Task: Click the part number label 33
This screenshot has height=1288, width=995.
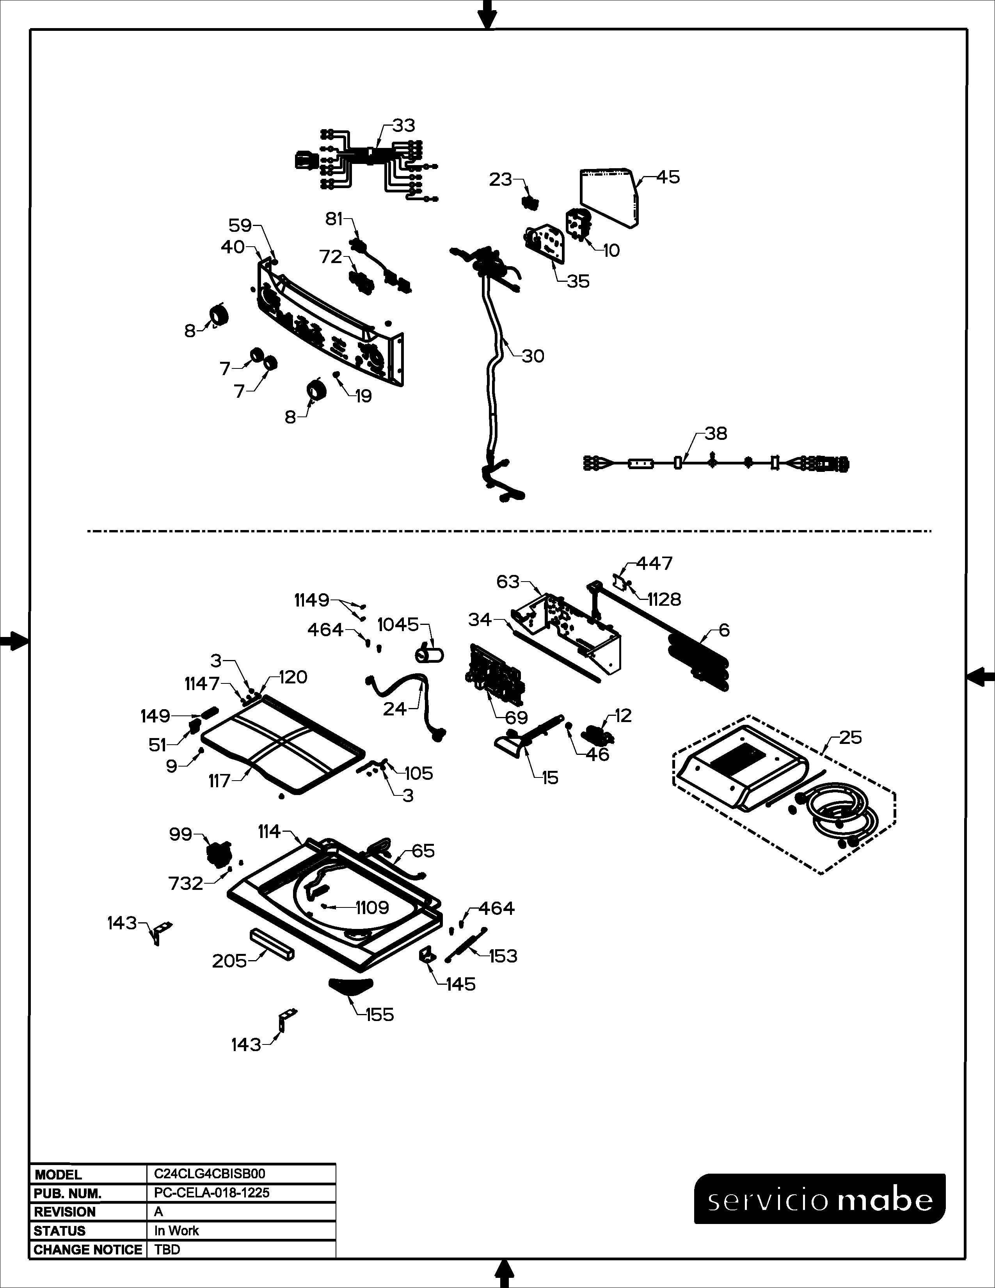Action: (x=404, y=126)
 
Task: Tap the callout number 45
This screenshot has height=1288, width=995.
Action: (x=668, y=177)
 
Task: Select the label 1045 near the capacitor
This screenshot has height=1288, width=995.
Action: (x=398, y=624)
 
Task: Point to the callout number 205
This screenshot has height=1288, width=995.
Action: (x=229, y=961)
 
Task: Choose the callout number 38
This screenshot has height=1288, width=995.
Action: (x=716, y=434)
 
